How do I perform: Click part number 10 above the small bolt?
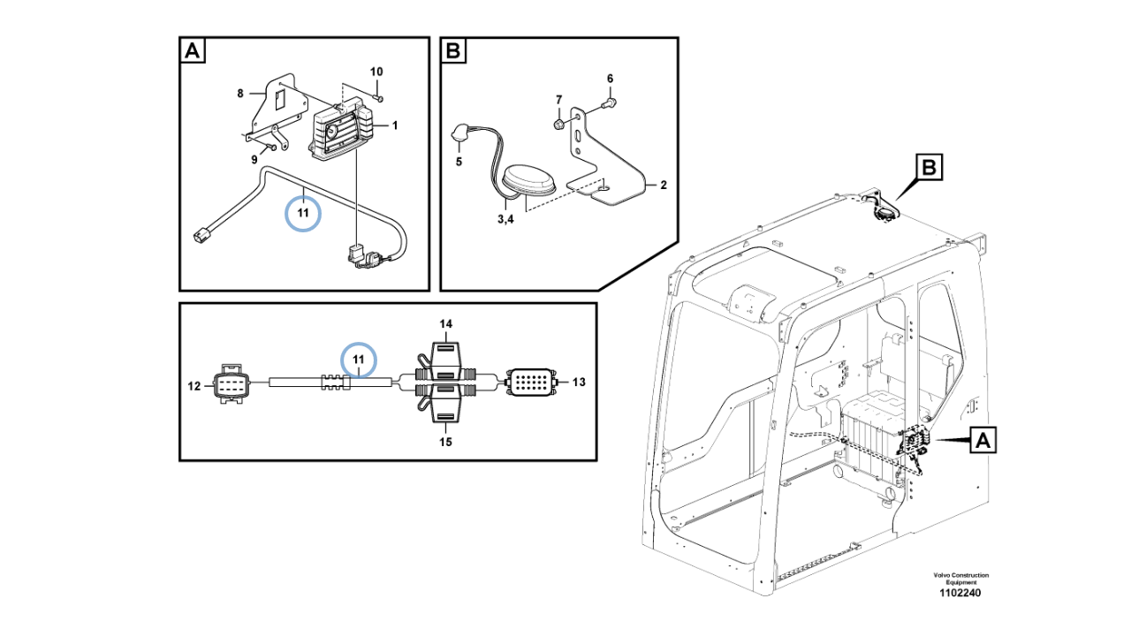376,72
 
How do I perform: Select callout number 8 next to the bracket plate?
240,94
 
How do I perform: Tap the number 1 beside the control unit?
395,125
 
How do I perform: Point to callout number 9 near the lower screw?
254,160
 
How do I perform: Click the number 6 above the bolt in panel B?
610,79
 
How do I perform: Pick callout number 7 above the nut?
559,100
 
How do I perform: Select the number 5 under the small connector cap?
459,162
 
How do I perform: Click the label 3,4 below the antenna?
505,219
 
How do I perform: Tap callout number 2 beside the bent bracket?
664,186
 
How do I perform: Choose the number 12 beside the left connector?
194,386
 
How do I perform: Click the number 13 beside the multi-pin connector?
579,382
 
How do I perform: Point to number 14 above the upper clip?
446,323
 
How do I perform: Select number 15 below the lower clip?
445,442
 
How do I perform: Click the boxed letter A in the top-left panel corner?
193,50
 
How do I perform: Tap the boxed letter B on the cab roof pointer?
930,167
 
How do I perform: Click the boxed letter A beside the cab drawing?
983,440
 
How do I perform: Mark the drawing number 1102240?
960,593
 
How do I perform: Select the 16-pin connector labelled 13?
531,382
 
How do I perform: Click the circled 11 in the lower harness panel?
359,360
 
